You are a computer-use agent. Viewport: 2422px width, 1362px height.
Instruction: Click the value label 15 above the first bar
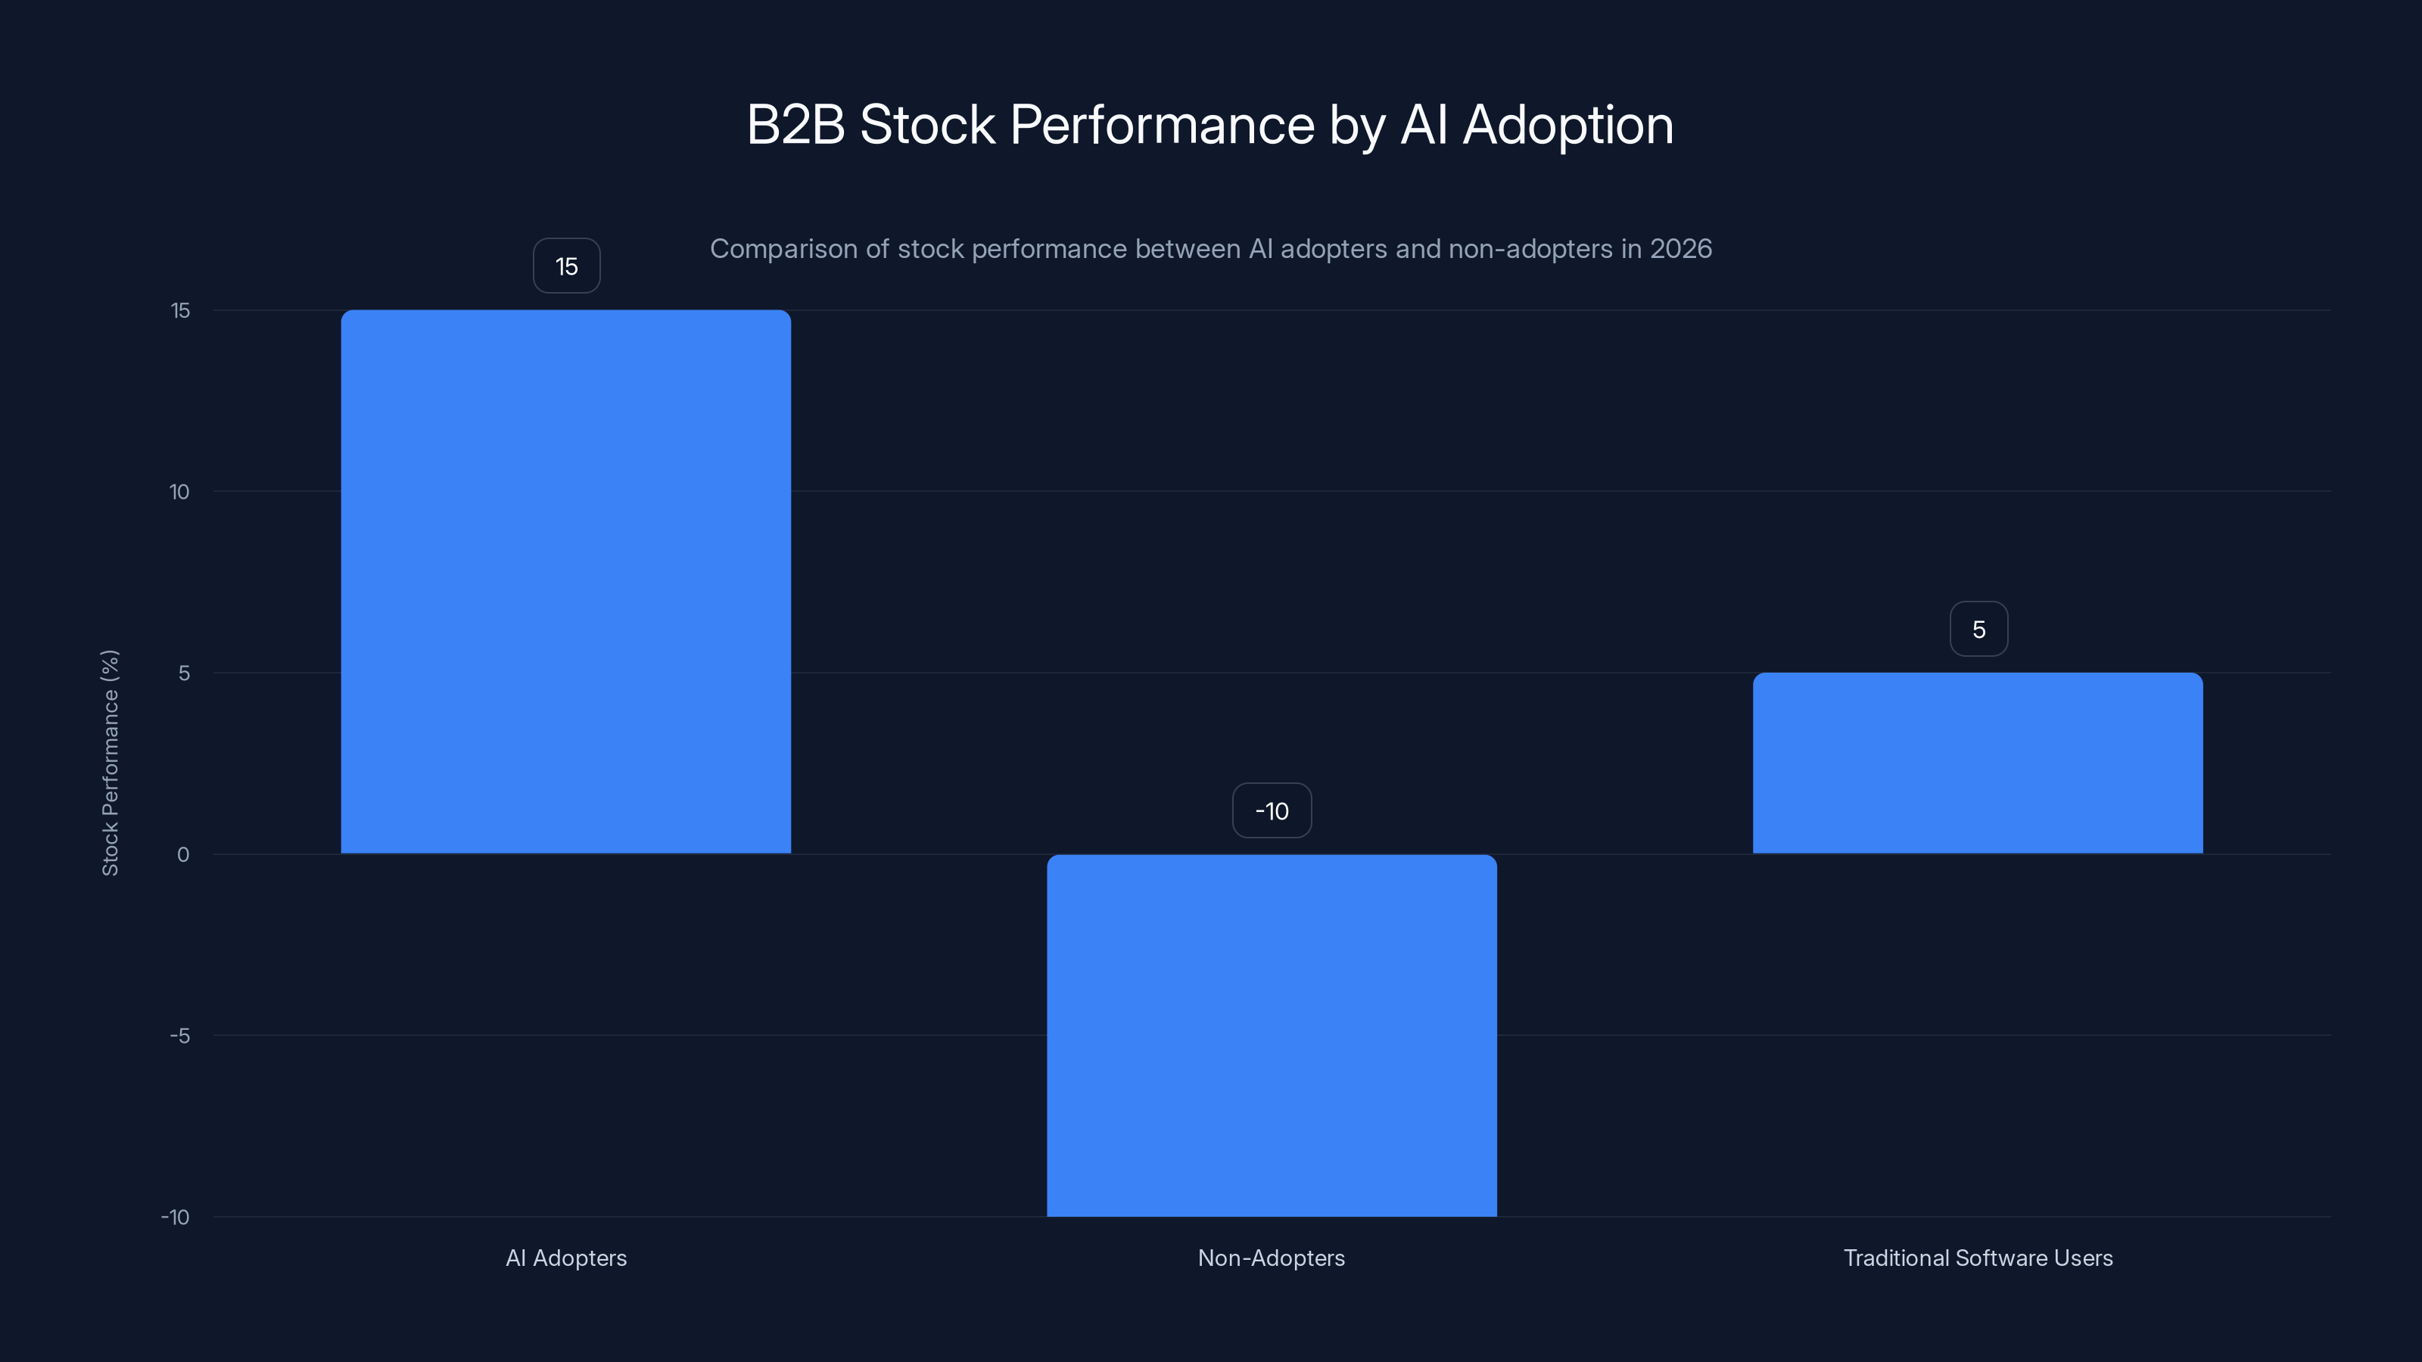[x=566, y=266]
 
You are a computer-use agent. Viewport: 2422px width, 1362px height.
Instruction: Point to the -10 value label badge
[x=1272, y=810]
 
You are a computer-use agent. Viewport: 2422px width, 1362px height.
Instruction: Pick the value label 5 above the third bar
[x=1978, y=629]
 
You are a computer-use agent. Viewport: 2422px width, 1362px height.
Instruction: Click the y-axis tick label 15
[x=179, y=310]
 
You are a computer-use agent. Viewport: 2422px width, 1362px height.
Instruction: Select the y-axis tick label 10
[x=179, y=492]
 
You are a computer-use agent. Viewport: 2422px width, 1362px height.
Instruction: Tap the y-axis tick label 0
[x=183, y=854]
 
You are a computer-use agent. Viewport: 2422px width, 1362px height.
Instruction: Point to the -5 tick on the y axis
[x=179, y=1036]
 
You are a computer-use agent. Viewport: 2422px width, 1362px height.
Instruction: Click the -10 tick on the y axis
[x=175, y=1217]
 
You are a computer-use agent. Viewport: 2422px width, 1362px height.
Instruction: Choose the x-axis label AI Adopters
[x=566, y=1258]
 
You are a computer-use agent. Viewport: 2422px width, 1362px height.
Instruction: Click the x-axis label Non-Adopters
[x=1272, y=1258]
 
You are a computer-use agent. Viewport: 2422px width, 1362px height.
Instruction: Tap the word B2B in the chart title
[x=795, y=124]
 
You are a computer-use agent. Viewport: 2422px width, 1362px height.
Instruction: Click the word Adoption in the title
[x=1567, y=124]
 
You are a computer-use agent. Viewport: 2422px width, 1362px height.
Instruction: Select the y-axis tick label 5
[x=183, y=673]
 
